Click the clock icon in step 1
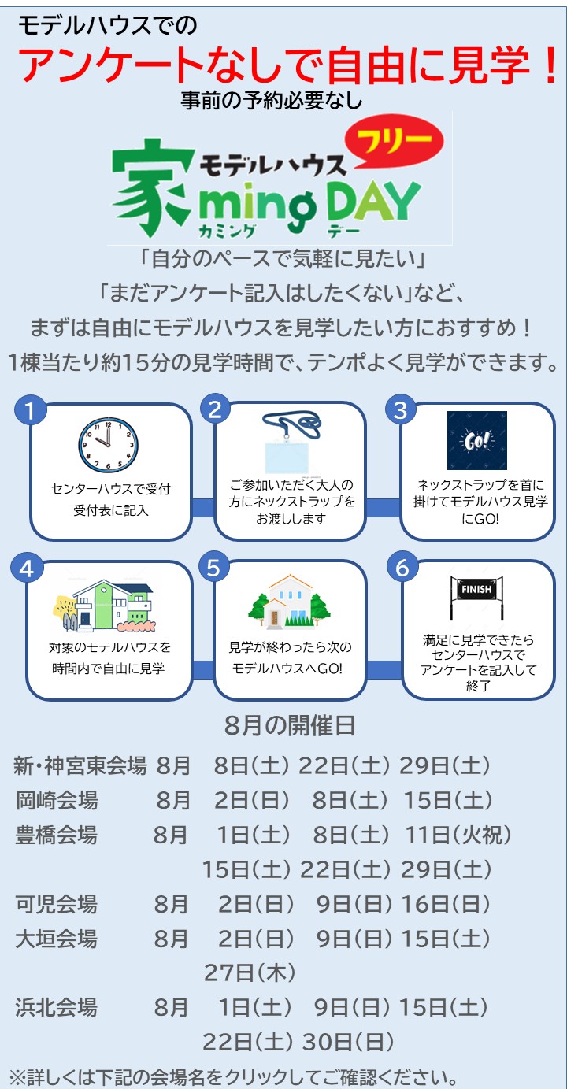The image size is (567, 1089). click(108, 444)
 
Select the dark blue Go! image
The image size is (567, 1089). click(477, 440)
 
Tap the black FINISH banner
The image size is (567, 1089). click(476, 598)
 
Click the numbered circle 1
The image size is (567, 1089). click(30, 410)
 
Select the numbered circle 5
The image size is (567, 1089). click(214, 568)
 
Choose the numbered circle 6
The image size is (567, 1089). click(402, 568)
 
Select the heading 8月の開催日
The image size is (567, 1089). click(290, 725)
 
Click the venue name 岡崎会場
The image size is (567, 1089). click(57, 800)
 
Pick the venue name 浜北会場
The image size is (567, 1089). click(57, 1007)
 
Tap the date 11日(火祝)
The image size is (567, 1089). click(458, 835)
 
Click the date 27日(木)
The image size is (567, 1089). click(250, 972)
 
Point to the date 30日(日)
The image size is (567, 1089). click(348, 1042)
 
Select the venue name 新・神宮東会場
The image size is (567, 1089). click(80, 765)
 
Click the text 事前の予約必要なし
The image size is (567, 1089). click(272, 100)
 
